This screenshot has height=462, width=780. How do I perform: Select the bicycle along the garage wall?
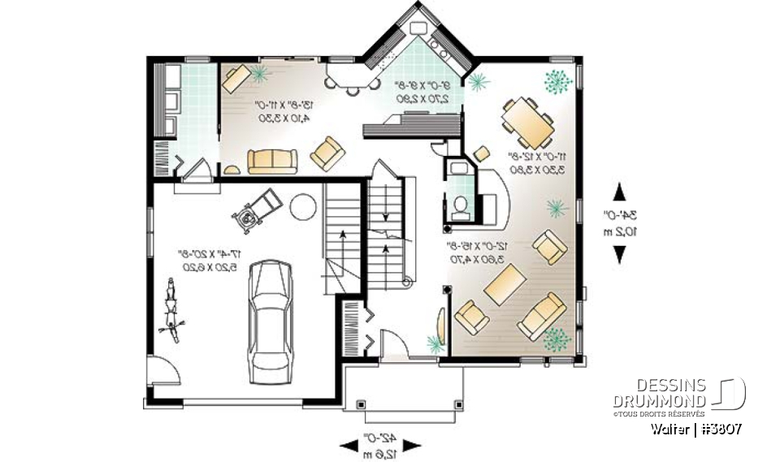171,307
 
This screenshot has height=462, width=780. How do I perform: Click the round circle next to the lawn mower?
302,206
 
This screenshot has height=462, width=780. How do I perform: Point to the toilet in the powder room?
461,208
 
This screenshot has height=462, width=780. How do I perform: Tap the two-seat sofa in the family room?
273,162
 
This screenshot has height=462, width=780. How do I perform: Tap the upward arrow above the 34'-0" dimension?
619,192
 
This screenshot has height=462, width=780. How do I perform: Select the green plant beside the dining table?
557,81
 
